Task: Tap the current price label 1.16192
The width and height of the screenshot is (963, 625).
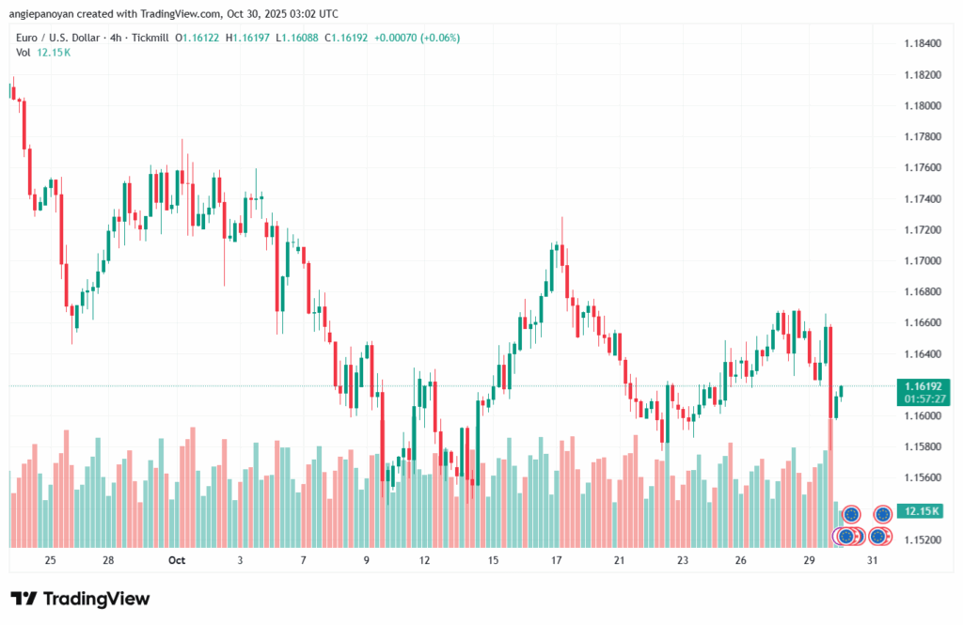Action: (x=923, y=385)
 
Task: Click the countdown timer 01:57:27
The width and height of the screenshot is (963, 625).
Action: (x=923, y=398)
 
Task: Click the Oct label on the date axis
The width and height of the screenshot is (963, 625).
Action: (x=177, y=559)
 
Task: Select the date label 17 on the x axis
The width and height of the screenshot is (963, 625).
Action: (x=557, y=559)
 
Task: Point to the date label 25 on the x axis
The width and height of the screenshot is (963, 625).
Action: (x=50, y=559)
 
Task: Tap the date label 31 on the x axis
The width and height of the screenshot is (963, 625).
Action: (x=873, y=559)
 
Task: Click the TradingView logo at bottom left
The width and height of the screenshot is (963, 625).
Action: (x=80, y=599)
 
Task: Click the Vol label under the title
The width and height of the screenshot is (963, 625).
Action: (x=22, y=53)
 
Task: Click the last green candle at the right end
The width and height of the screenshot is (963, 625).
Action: (x=841, y=391)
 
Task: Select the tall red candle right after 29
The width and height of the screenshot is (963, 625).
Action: (x=831, y=371)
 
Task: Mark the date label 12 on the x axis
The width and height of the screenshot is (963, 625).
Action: (x=425, y=559)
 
